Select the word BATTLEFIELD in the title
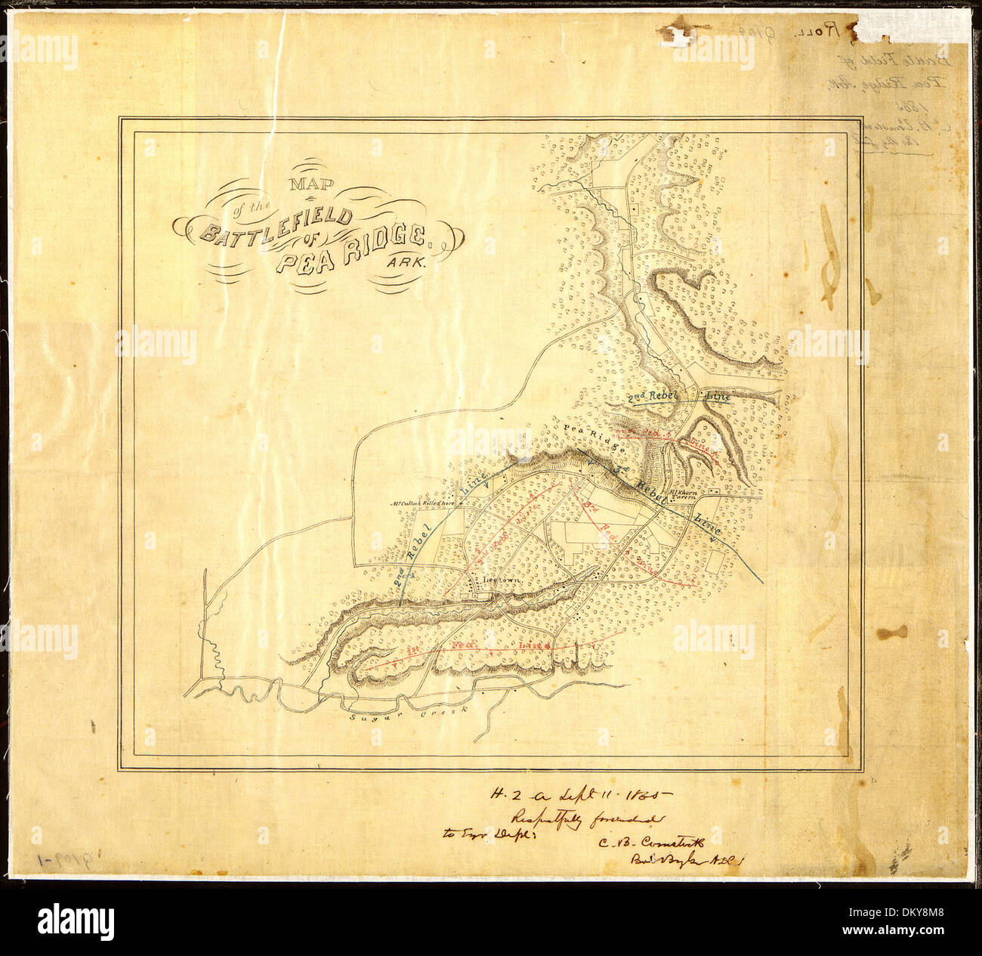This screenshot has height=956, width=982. pyautogui.click(x=276, y=225)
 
